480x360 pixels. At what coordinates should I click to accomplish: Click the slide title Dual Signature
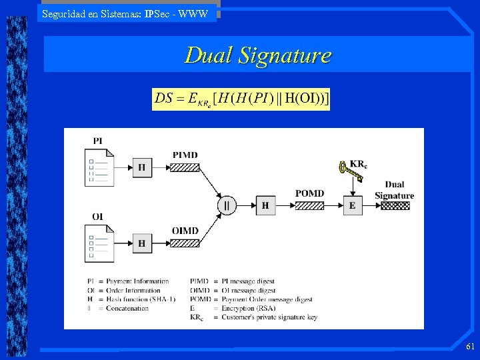(x=257, y=55)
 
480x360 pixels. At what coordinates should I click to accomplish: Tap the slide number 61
(x=470, y=347)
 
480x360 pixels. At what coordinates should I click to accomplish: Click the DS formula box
(x=241, y=99)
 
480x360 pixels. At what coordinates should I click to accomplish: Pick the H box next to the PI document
(x=141, y=167)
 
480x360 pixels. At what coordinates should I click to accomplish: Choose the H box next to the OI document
(x=141, y=244)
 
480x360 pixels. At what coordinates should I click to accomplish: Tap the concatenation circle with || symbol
(x=227, y=205)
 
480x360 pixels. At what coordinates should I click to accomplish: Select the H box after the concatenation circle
(x=265, y=205)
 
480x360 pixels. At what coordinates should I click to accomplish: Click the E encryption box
(x=352, y=205)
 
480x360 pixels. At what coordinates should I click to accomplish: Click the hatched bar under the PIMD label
(x=185, y=167)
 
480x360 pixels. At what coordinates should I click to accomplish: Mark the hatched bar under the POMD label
(x=309, y=205)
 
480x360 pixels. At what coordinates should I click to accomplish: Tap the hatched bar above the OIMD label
(x=185, y=244)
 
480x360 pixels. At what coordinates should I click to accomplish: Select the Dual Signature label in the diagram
(x=394, y=190)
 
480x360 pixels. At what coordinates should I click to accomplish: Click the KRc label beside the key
(x=358, y=164)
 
